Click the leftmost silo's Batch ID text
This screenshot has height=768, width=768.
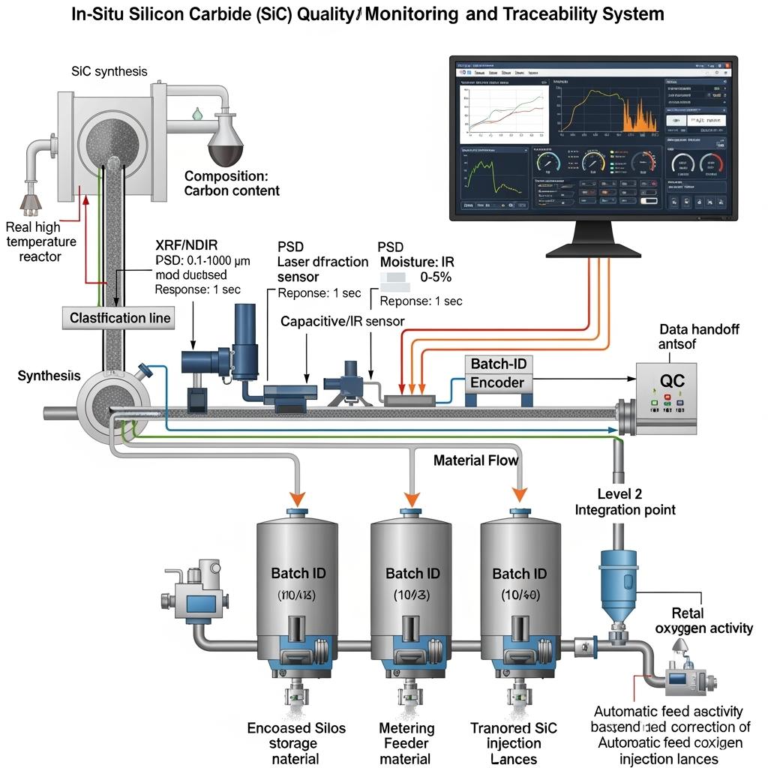click(x=298, y=574)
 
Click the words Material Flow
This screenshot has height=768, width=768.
click(x=475, y=460)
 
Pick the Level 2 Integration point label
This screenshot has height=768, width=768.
click(x=625, y=502)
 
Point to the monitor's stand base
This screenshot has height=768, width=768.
click(x=592, y=247)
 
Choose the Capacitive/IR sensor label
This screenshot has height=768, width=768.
click(x=342, y=321)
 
